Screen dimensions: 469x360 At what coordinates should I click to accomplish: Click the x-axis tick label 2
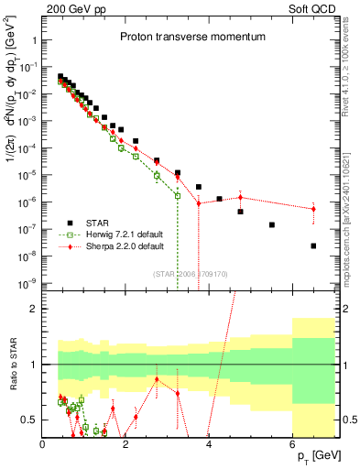coord(125,444)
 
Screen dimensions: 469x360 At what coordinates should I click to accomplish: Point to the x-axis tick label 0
coord(43,444)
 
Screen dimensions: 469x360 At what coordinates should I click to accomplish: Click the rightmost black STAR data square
coord(313,245)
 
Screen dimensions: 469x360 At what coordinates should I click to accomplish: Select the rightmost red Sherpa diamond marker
coord(313,209)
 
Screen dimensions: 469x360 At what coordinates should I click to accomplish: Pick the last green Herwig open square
coord(178,195)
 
